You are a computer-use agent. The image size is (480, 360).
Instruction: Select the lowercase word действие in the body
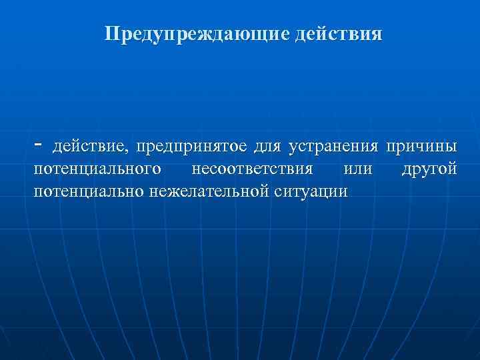coord(90,146)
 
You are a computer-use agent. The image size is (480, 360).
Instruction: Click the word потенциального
coord(96,169)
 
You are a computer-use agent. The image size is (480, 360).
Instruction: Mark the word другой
coord(429,169)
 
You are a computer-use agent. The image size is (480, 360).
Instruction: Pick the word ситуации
coord(310,192)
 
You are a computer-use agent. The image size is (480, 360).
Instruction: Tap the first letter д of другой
coord(406,170)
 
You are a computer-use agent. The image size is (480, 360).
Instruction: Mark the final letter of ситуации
coord(343,193)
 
